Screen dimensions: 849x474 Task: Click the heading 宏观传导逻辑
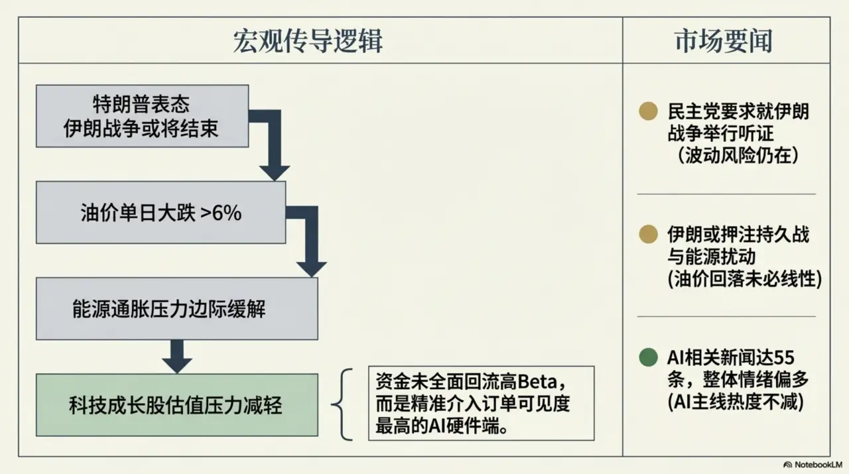308,41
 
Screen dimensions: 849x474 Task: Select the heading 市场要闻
724,41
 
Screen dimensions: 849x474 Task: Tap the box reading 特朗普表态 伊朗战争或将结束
142,116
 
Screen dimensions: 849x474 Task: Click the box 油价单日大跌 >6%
161,213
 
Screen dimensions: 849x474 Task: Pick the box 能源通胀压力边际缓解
176,309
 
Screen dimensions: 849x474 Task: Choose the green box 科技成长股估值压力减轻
176,405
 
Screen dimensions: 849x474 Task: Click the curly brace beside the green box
345,404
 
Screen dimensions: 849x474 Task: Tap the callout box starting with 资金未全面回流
481,404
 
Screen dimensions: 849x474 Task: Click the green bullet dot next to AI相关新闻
648,358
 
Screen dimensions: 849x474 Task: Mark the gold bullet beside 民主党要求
648,111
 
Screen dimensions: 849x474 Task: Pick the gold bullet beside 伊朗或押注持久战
648,234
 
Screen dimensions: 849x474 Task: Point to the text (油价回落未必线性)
744,279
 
